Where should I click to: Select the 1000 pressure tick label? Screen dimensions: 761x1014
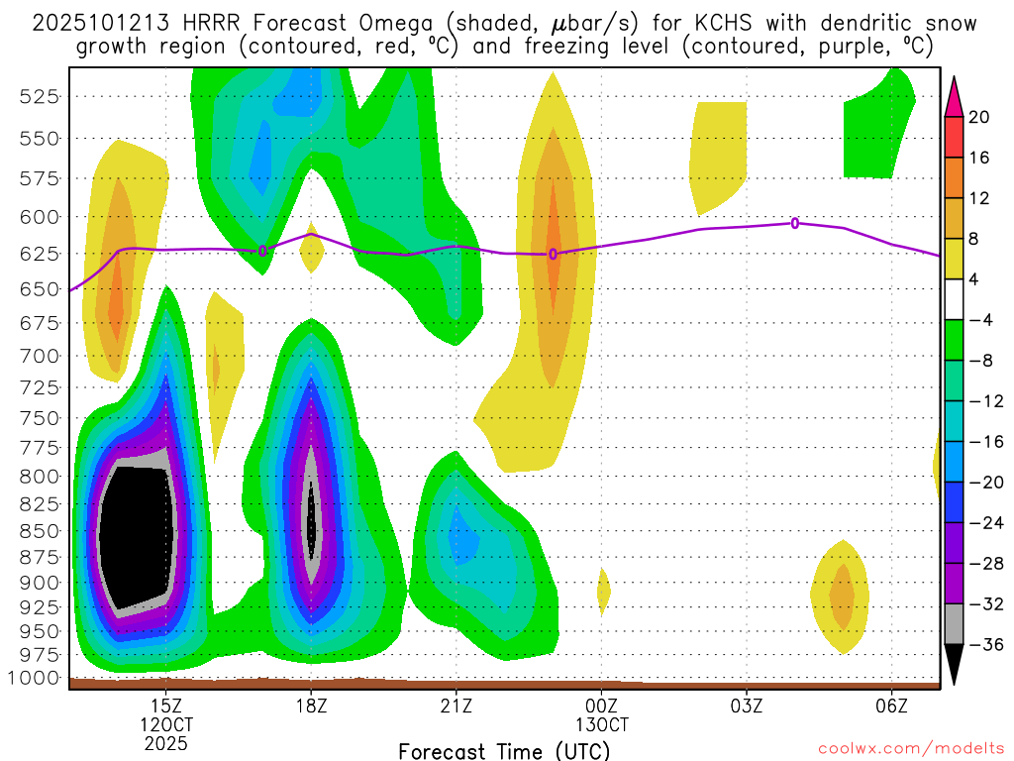pos(37,679)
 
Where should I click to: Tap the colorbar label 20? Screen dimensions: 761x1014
pos(979,117)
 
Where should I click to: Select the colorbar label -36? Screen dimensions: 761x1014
pos(984,645)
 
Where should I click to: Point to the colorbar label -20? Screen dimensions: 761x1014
pos(984,483)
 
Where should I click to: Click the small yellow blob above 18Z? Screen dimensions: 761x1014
pos(312,254)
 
